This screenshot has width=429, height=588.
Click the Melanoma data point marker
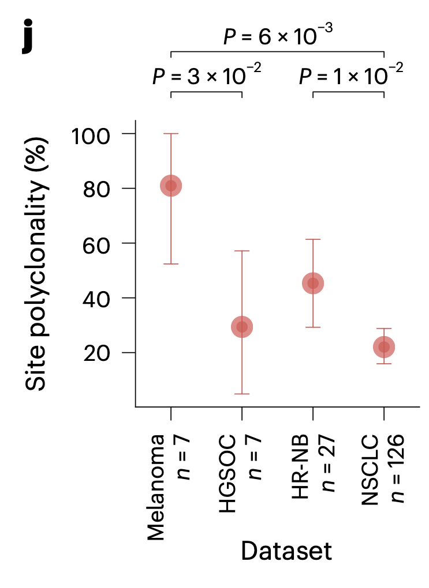coord(171,186)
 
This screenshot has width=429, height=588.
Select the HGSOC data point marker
coord(242,327)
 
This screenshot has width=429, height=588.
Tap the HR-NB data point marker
coord(313,283)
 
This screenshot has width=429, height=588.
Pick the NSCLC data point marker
coord(384,347)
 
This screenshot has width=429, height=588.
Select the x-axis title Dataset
coord(286,552)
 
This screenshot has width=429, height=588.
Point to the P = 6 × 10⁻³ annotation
coord(277,36)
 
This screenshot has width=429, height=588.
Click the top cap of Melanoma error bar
coord(171,134)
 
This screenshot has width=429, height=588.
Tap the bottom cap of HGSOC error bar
coord(242,394)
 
